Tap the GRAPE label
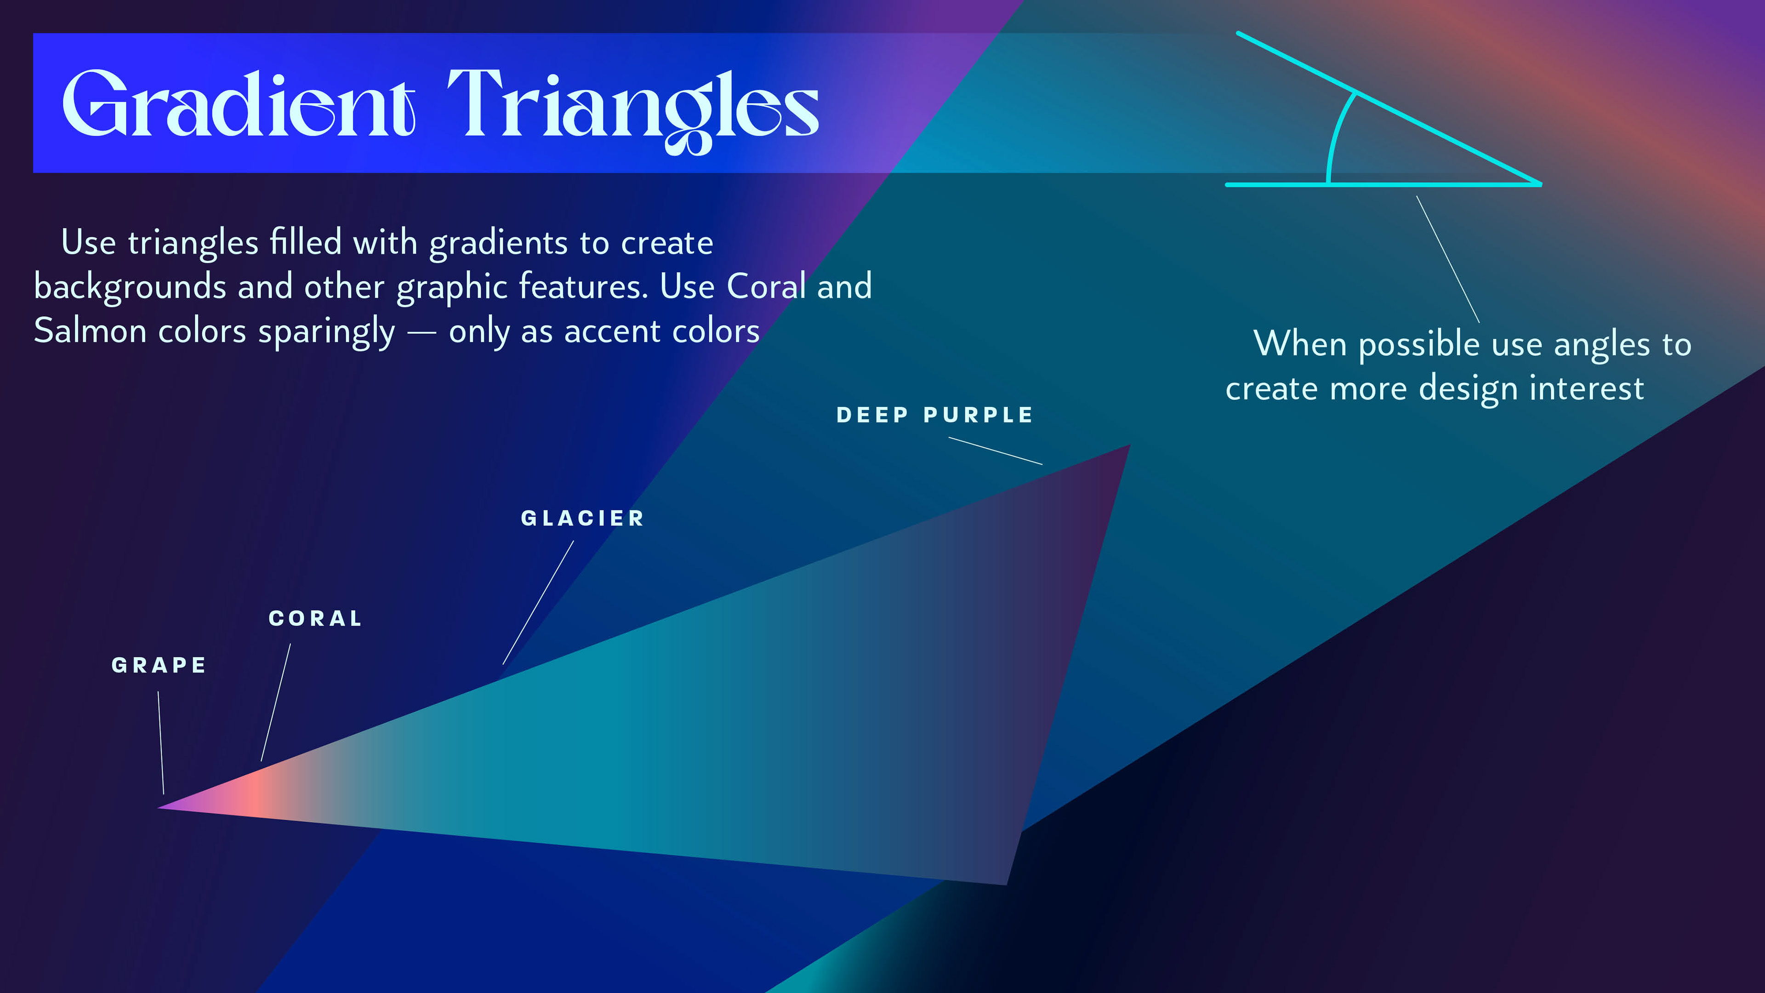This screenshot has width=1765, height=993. (x=158, y=665)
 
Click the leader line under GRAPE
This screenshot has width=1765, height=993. (x=161, y=743)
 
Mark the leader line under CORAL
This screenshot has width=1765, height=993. (x=275, y=702)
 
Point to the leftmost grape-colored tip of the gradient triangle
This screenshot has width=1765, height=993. (x=159, y=807)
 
